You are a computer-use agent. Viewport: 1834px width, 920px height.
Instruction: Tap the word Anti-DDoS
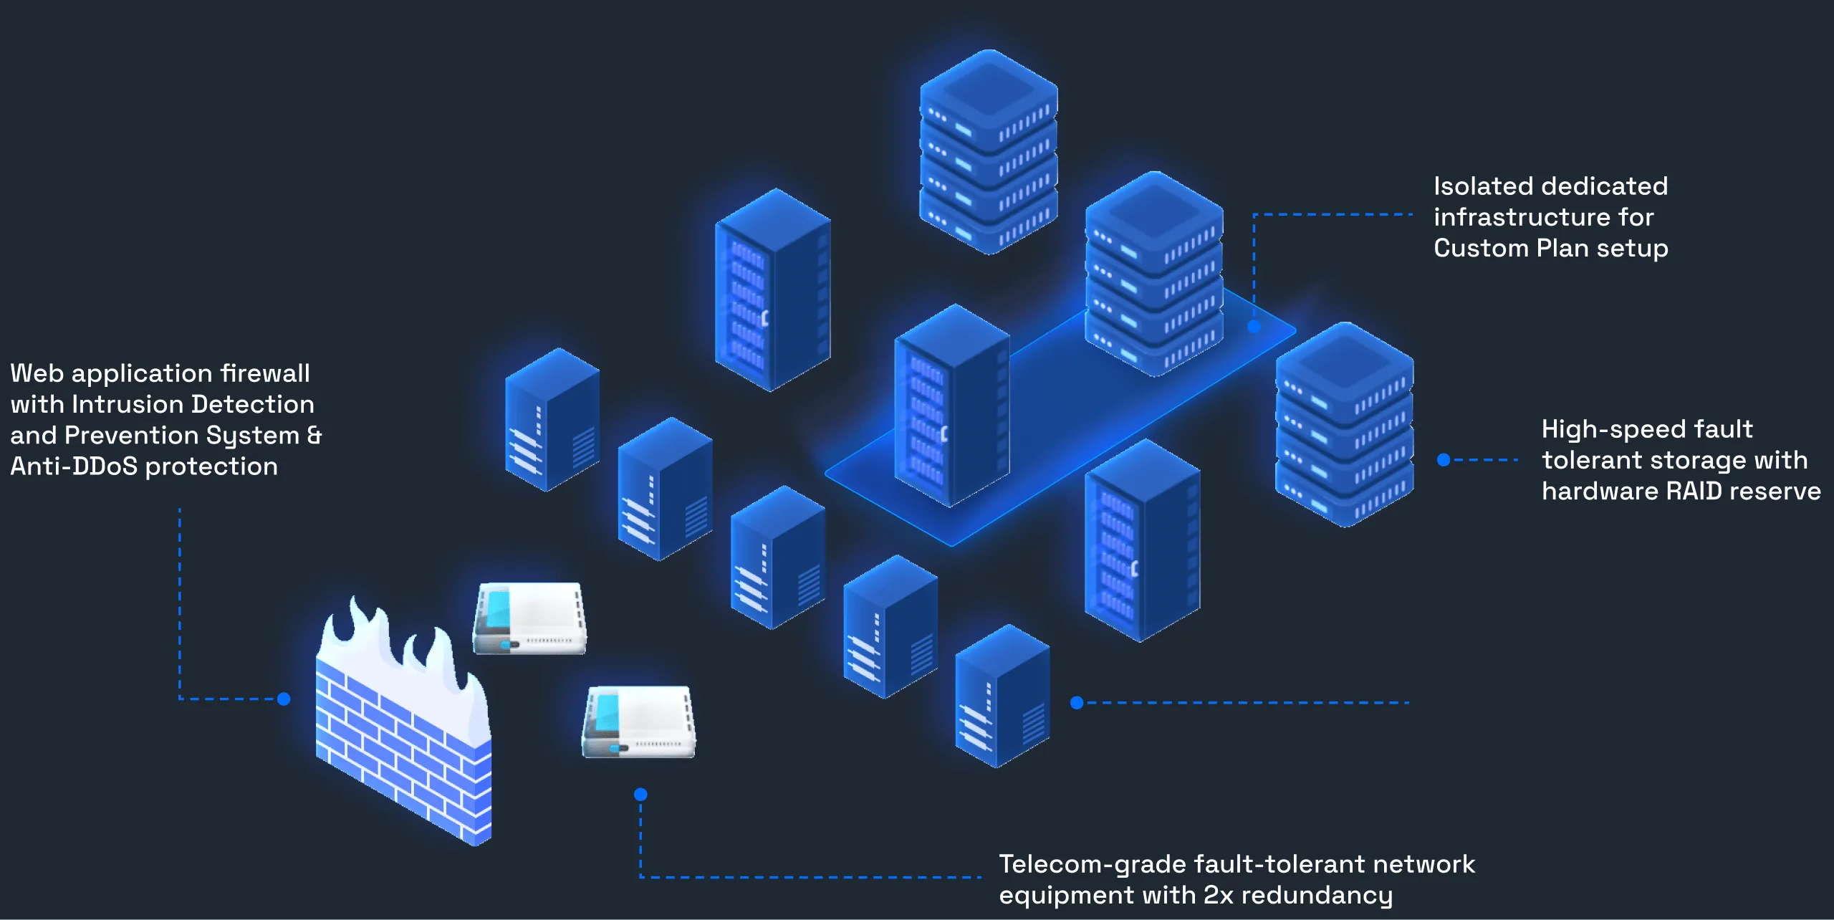point(74,466)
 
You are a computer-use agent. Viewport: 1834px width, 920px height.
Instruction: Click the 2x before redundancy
point(1218,896)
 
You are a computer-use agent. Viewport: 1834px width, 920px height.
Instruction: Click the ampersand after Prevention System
point(314,436)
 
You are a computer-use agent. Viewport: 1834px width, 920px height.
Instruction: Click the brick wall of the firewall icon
point(401,760)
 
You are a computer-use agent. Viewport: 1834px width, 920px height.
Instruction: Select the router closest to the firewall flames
point(530,618)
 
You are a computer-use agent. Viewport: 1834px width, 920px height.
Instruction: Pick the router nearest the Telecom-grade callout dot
point(638,722)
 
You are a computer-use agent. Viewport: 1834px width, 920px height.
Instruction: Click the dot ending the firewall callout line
point(284,699)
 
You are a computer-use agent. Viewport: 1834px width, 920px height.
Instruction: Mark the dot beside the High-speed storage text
point(1444,460)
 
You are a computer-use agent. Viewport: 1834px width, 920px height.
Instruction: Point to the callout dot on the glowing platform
point(1254,327)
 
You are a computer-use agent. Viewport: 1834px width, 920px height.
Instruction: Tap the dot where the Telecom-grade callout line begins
point(640,794)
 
